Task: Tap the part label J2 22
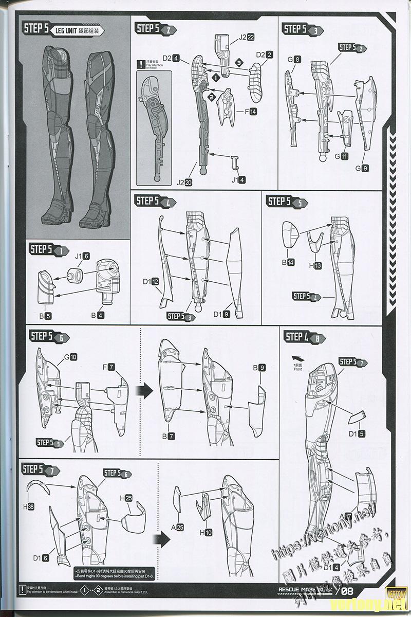pyautogui.click(x=246, y=38)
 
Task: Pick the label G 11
pyautogui.click(x=341, y=156)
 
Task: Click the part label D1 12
pyautogui.click(x=151, y=281)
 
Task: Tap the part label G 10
pyautogui.click(x=69, y=357)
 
